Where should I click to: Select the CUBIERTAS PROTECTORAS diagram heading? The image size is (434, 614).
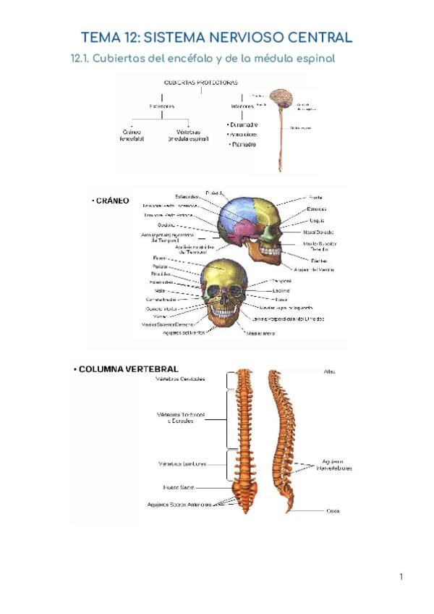[202, 82]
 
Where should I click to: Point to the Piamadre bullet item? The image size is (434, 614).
[245, 144]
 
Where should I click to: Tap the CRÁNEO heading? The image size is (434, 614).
[112, 201]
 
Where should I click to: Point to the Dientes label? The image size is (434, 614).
[320, 260]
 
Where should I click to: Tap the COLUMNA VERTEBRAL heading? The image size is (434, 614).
[127, 369]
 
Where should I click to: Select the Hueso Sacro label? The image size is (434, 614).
[179, 487]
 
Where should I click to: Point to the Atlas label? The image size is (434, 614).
[330, 371]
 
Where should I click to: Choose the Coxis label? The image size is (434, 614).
[333, 510]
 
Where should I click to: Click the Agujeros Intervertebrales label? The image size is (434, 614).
[334, 465]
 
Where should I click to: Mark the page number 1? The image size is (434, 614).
[400, 576]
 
